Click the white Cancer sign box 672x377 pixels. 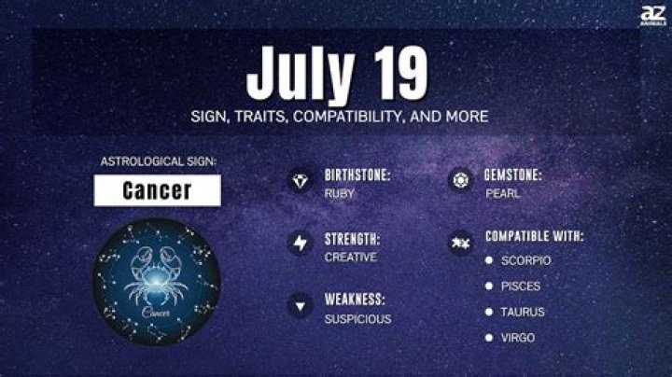click(x=157, y=190)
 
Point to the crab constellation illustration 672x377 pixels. click(x=156, y=277)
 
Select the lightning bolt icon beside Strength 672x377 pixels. click(x=301, y=244)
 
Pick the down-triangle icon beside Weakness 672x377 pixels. click(x=301, y=305)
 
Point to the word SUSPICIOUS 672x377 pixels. click(x=358, y=319)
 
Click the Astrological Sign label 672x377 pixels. click(x=156, y=161)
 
